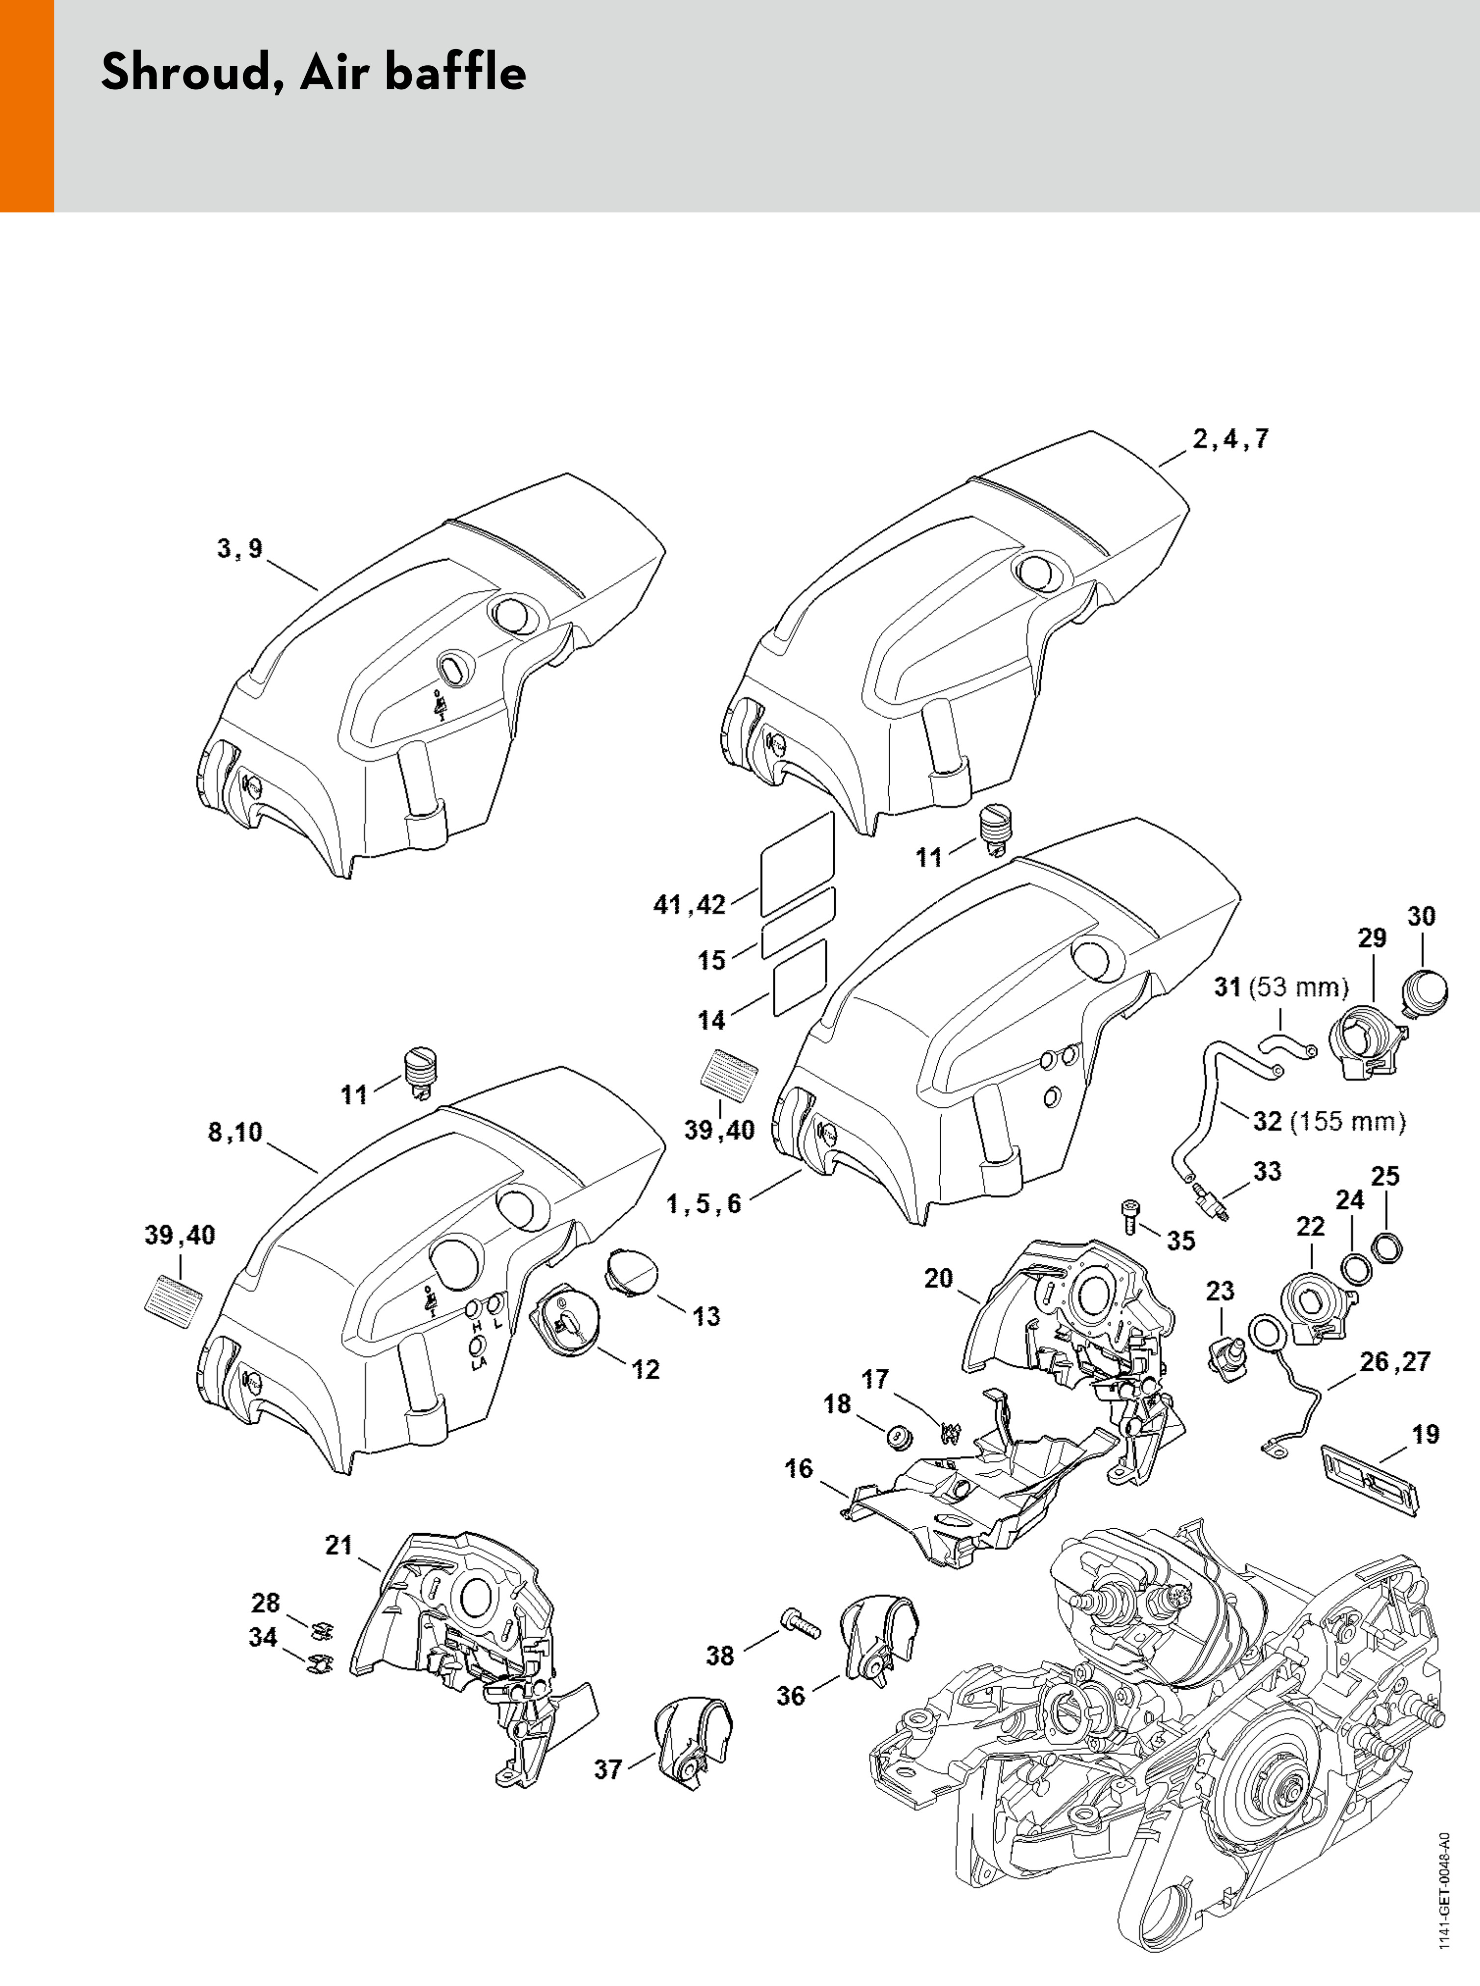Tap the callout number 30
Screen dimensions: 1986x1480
[1421, 916]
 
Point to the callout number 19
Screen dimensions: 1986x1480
[1426, 1434]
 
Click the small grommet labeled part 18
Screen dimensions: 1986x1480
[897, 1436]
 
